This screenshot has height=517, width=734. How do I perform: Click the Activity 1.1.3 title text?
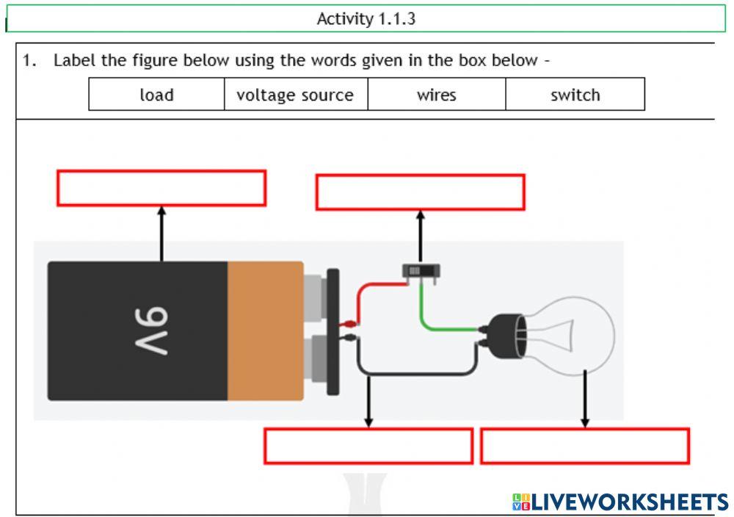tap(366, 19)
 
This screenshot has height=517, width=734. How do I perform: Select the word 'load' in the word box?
tap(156, 95)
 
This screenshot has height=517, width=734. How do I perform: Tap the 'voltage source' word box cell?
tap(295, 95)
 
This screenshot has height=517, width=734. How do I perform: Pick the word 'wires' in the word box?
tap(436, 95)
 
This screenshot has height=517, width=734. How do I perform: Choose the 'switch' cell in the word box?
tap(575, 95)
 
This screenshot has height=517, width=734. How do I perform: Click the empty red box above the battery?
tap(161, 188)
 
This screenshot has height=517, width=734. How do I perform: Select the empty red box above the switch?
tap(420, 192)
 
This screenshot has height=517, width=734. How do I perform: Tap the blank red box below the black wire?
tap(368, 446)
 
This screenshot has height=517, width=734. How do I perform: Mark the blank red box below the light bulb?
tap(584, 446)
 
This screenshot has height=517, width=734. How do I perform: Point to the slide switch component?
tap(421, 271)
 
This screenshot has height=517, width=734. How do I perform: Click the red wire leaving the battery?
tap(374, 286)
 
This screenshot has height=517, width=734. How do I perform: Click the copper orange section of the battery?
tap(264, 330)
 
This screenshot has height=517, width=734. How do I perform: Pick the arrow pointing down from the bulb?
tap(585, 400)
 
